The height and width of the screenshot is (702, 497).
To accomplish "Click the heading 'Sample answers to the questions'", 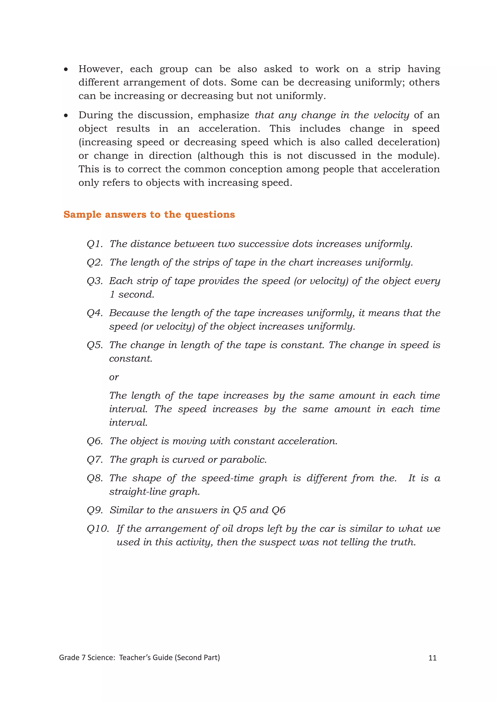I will tap(149, 215).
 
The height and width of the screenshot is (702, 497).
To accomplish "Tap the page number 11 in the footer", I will tap(432, 658).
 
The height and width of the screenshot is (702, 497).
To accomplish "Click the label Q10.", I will tap(98, 529).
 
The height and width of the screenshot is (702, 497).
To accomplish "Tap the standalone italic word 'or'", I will tap(114, 377).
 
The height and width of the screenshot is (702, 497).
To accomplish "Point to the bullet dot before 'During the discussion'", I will tap(66, 116).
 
